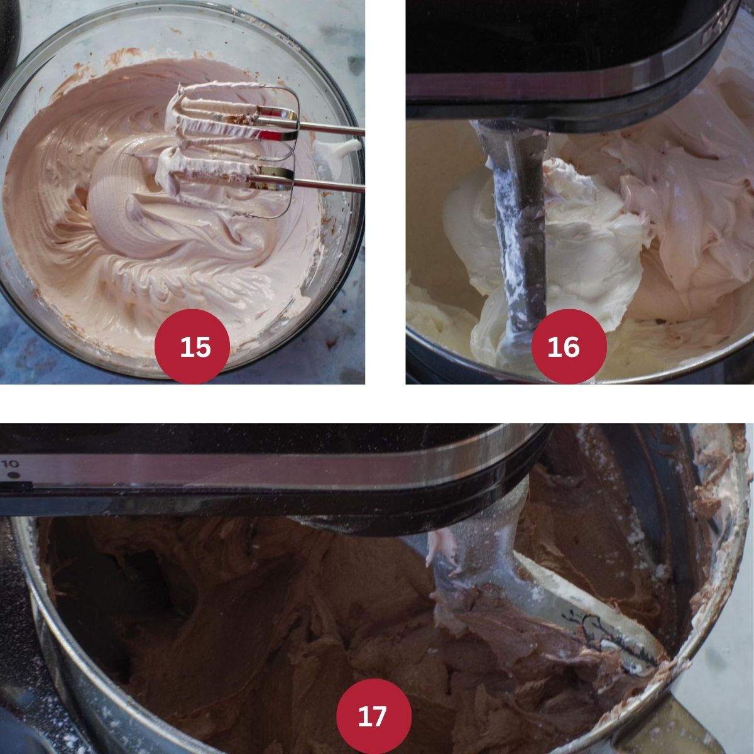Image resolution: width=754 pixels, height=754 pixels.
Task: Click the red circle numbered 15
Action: tap(192, 346)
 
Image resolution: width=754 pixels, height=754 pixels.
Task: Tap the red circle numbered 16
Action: tap(569, 346)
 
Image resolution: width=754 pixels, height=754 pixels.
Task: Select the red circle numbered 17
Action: tap(374, 715)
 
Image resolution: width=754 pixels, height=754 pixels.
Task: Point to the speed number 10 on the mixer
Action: tap(10, 464)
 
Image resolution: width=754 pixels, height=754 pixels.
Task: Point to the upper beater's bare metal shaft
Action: tap(331, 129)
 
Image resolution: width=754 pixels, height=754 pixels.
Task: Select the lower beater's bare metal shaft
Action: tap(329, 185)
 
